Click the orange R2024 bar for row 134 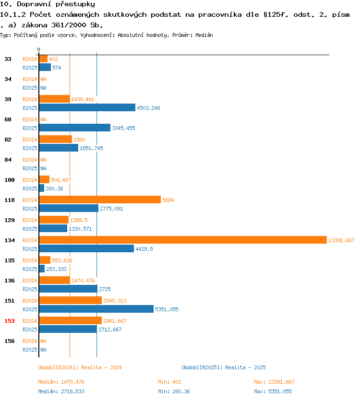point(183,240)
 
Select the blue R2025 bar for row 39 point(87,107)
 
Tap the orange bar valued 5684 point(100,200)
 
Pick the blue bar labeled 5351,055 point(96,309)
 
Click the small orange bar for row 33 point(43,59)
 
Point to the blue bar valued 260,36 point(42,188)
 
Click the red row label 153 point(10,321)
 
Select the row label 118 point(10,200)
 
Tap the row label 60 point(8,119)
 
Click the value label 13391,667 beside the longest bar point(341,240)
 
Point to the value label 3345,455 point(123,128)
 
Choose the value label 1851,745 point(91,148)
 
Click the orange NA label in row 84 point(43,160)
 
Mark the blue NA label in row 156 point(43,350)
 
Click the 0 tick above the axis point(38,49)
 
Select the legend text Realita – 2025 point(245,367)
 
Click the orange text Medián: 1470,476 point(61,382)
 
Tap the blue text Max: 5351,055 point(273,391)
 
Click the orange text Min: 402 point(169,382)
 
